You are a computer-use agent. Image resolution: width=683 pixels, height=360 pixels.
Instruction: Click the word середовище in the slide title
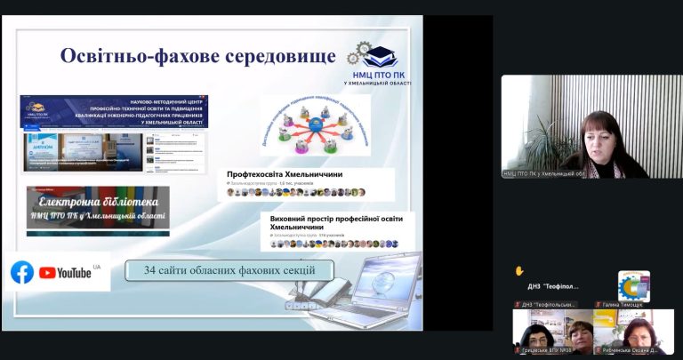tap(275, 55)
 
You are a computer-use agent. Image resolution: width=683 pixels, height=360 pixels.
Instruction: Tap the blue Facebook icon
tap(22, 273)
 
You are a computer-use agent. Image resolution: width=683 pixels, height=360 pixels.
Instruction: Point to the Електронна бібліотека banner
tap(97, 208)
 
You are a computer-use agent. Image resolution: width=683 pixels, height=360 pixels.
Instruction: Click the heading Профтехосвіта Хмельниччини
tap(285, 174)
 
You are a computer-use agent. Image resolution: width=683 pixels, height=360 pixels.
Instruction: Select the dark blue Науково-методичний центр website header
tap(115, 112)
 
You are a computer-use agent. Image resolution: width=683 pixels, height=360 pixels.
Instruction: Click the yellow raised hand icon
tap(519, 270)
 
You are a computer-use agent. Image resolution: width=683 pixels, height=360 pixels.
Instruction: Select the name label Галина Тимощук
tap(623, 304)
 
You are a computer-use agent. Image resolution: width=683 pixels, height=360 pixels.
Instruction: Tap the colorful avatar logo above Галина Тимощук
tap(633, 284)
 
